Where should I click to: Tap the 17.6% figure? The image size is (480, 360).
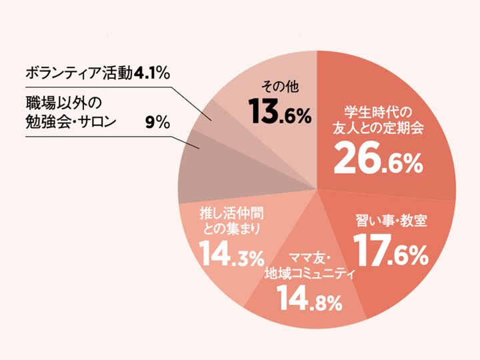pyautogui.click(x=389, y=253)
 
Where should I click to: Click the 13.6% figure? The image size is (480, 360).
pyautogui.click(x=281, y=113)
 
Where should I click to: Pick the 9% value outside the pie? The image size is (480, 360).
pyautogui.click(x=157, y=123)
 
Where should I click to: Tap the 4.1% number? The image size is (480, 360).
pyautogui.click(x=153, y=72)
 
